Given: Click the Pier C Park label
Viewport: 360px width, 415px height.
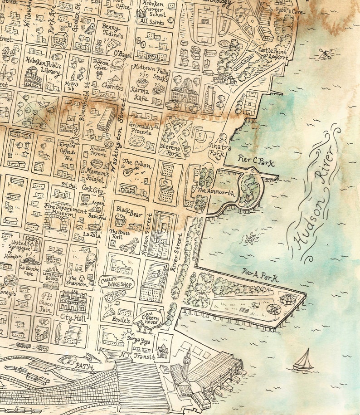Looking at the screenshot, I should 256,159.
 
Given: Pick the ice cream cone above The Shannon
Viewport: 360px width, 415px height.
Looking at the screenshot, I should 90,262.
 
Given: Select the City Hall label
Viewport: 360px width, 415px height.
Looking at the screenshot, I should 73,317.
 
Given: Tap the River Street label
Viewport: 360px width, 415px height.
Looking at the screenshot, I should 178,252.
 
